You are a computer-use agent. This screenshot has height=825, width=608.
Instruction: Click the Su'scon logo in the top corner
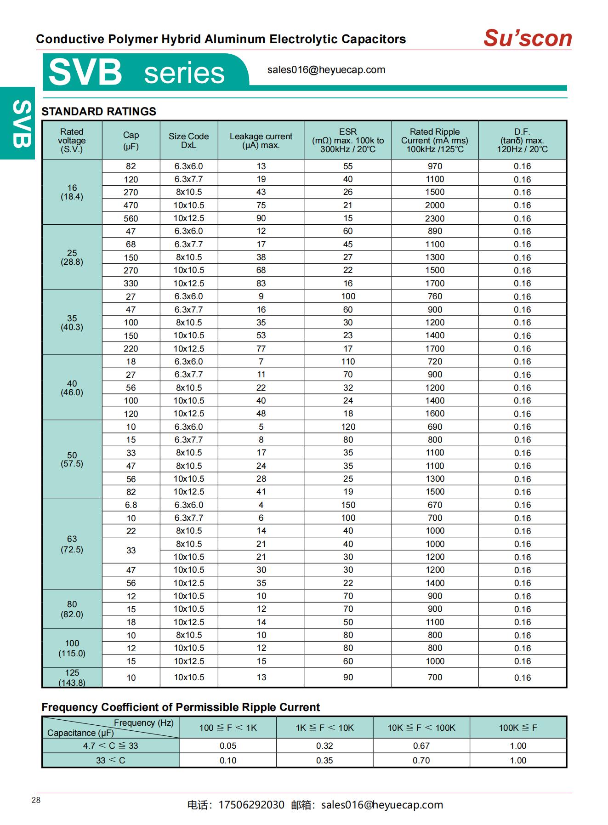pyautogui.click(x=527, y=38)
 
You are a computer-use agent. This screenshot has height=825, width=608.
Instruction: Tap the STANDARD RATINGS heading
pyautogui.click(x=99, y=111)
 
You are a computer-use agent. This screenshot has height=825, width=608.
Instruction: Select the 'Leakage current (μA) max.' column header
pyautogui.click(x=261, y=141)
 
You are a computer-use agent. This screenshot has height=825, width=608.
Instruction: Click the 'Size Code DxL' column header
pyautogui.click(x=188, y=141)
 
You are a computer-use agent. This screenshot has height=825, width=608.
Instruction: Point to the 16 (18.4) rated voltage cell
pyautogui.click(x=72, y=192)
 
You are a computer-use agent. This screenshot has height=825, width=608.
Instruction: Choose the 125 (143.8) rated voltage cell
pyautogui.click(x=72, y=677)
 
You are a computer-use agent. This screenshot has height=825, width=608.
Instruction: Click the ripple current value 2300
pyautogui.click(x=435, y=218)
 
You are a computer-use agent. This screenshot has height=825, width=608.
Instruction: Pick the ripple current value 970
pyautogui.click(x=435, y=166)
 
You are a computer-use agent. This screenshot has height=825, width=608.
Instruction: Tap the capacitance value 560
pyautogui.click(x=131, y=218)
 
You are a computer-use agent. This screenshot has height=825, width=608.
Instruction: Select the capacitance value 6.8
pyautogui.click(x=131, y=505)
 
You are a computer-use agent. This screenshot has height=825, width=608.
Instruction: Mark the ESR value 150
pyautogui.click(x=348, y=505)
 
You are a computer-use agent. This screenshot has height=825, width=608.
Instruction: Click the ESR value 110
pyautogui.click(x=348, y=362)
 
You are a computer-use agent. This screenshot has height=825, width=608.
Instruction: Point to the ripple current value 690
pyautogui.click(x=435, y=427)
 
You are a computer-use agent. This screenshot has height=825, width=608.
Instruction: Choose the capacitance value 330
pyautogui.click(x=131, y=284)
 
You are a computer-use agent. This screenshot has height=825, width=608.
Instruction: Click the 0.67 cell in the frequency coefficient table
pyautogui.click(x=421, y=746)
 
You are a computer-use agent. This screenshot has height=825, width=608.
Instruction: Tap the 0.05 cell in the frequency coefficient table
pyautogui.click(x=228, y=746)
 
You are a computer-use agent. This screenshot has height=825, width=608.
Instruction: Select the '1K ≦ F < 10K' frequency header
pyautogui.click(x=324, y=728)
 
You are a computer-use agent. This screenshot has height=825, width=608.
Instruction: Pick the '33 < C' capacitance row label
pyautogui.click(x=111, y=761)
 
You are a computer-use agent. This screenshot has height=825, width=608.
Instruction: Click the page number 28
pyautogui.click(x=36, y=800)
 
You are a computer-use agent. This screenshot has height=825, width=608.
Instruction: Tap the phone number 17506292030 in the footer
pyautogui.click(x=251, y=805)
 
